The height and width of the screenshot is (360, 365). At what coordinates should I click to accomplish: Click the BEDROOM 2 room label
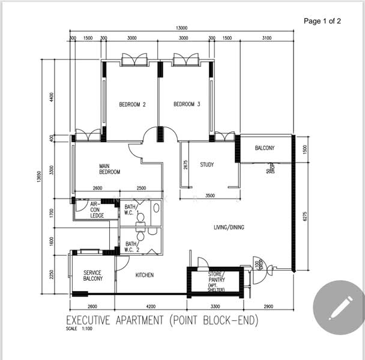[132, 104]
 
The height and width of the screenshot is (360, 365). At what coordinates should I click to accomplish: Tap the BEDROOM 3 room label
[187, 104]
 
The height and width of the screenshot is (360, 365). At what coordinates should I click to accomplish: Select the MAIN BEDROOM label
[110, 169]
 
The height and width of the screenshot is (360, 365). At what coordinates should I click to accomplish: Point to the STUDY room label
[207, 164]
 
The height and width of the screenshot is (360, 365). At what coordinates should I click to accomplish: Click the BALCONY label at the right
[265, 148]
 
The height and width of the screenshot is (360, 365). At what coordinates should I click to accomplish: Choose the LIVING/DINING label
[229, 227]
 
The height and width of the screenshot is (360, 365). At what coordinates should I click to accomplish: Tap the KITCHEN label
[144, 275]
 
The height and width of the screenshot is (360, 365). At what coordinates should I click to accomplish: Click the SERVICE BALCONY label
[92, 275]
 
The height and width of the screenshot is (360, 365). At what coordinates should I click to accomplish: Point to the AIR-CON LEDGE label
[97, 209]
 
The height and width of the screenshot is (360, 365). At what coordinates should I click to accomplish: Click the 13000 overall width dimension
[181, 28]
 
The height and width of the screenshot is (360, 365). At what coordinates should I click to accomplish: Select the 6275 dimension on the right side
[306, 215]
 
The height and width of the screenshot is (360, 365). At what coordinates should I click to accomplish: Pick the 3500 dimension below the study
[210, 196]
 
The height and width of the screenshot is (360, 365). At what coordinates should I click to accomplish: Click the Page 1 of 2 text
[322, 21]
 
